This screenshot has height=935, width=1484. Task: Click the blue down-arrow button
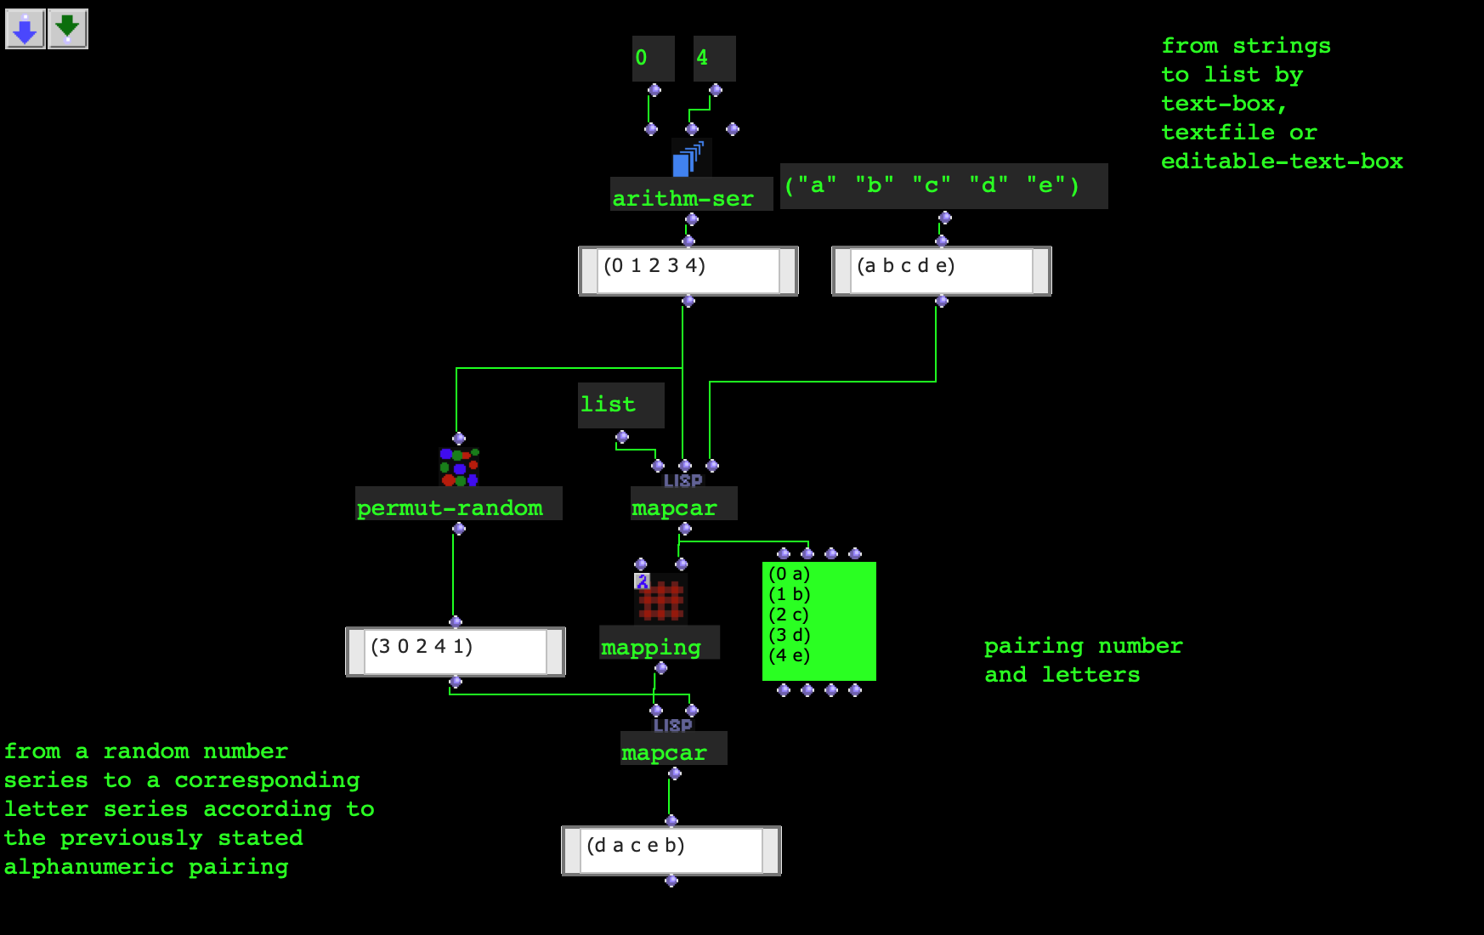coord(25,30)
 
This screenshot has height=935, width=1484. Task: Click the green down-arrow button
coord(68,30)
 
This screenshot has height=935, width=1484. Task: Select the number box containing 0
coord(653,58)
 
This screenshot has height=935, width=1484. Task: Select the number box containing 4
coord(714,58)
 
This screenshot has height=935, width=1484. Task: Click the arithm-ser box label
coord(683,198)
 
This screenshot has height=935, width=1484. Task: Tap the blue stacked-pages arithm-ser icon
coord(688,158)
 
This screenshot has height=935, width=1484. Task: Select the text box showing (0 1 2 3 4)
coord(688,271)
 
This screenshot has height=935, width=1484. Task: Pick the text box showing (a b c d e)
coord(942,271)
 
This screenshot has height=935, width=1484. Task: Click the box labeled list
coord(620,405)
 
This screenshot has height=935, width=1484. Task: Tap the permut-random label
coord(450,507)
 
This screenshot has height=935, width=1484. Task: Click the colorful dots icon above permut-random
coord(459,467)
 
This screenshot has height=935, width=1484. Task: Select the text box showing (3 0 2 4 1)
coord(456,652)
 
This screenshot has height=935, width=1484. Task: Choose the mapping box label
coord(651,647)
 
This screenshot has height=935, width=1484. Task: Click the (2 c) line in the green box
coord(790,615)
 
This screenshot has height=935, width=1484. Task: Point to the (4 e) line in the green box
coord(790,655)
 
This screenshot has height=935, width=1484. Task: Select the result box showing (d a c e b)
coord(671,851)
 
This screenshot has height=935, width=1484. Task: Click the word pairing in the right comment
coord(1034,646)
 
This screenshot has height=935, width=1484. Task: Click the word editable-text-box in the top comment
coord(1282,161)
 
